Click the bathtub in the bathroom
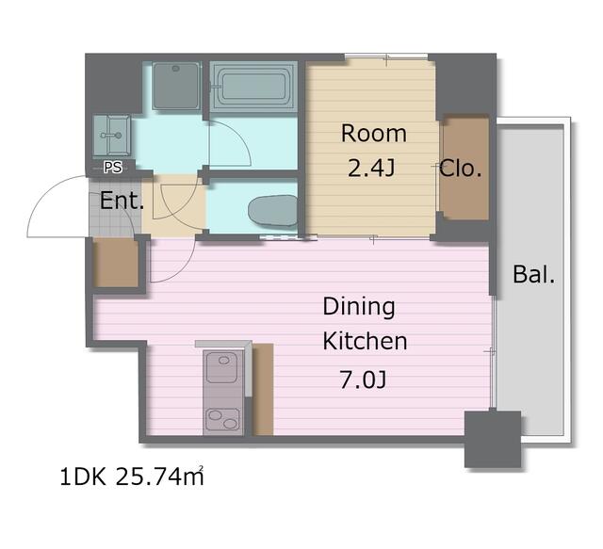pos(253,87)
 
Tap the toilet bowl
pos(272,210)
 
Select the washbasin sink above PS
pos(111,135)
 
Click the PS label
pos(113,167)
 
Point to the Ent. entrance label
pos(122,201)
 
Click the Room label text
pos(374,134)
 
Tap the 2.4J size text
pos(371,168)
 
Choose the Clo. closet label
pos(461,168)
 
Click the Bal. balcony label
pos(534,274)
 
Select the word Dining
pos(359,307)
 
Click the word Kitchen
pos(365,341)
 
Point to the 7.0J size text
pos(363,379)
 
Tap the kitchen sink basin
pos(222,367)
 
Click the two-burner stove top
pos(222,419)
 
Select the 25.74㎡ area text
pos(159,476)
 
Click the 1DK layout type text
pos(83,477)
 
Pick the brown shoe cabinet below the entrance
pos(116,263)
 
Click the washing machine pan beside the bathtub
pos(176,86)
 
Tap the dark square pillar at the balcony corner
pos(493,440)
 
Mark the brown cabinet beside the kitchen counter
pos(264,390)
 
